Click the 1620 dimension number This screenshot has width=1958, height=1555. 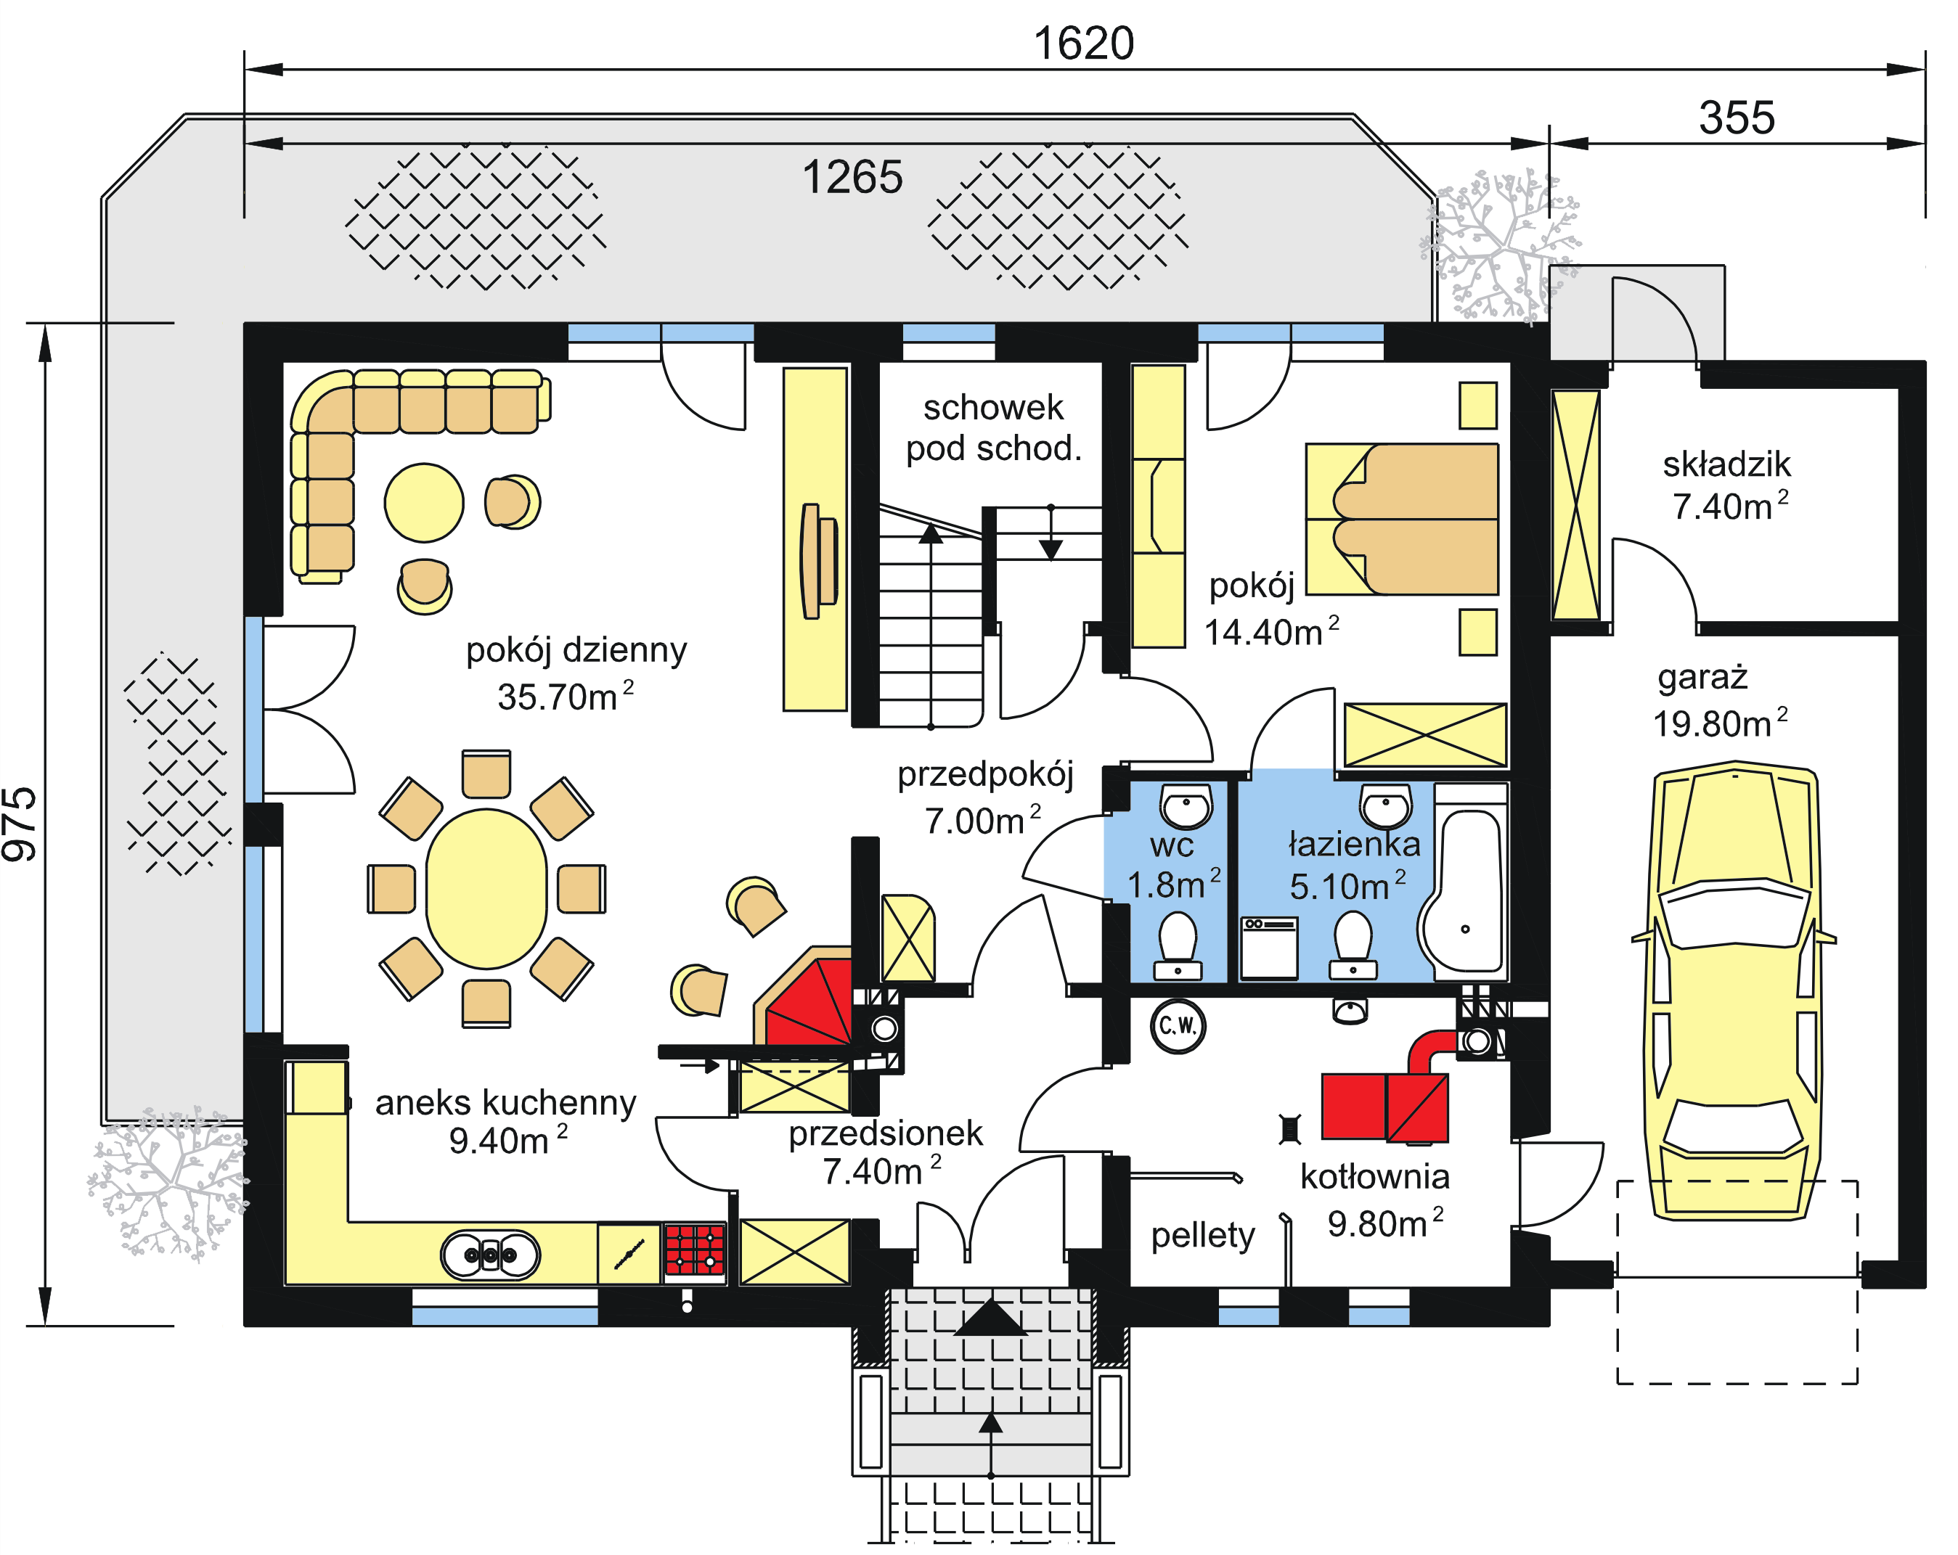point(1083,44)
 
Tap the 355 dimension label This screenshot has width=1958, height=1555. point(1736,118)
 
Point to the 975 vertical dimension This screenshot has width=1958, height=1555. point(20,824)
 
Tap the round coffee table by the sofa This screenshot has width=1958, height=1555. point(423,502)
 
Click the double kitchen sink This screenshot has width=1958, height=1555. point(491,1255)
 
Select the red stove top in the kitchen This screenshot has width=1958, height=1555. point(695,1250)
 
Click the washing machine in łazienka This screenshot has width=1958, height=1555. point(1269,947)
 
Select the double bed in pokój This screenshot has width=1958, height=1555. point(1403,520)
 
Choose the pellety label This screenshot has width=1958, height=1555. point(1202,1234)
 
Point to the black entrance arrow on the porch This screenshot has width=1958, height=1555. point(990,1317)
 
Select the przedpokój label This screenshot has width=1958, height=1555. point(984,774)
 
